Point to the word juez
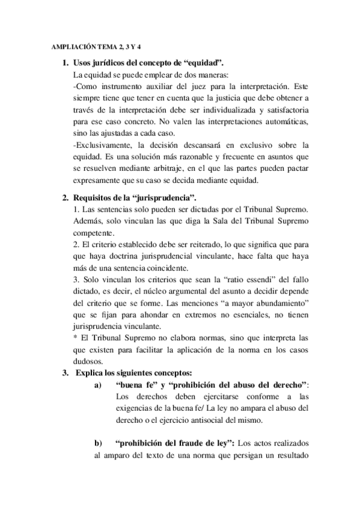click(207, 87)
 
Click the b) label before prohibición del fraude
click(99, 443)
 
